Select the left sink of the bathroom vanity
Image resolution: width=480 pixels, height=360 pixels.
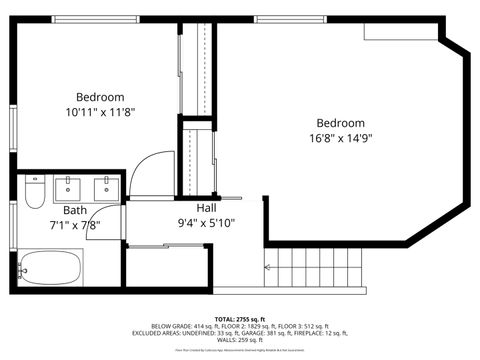pyautogui.click(x=68, y=186)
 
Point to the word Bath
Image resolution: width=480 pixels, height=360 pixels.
pyautogui.click(x=75, y=210)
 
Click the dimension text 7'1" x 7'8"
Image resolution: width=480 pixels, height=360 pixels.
pyautogui.click(x=75, y=225)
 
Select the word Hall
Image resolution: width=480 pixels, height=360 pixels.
pyautogui.click(x=207, y=208)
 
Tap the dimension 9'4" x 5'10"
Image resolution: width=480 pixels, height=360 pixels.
pyautogui.click(x=207, y=223)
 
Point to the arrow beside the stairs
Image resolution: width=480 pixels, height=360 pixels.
pyautogui.click(x=267, y=267)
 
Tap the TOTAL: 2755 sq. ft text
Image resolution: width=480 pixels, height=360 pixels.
pyautogui.click(x=240, y=318)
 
